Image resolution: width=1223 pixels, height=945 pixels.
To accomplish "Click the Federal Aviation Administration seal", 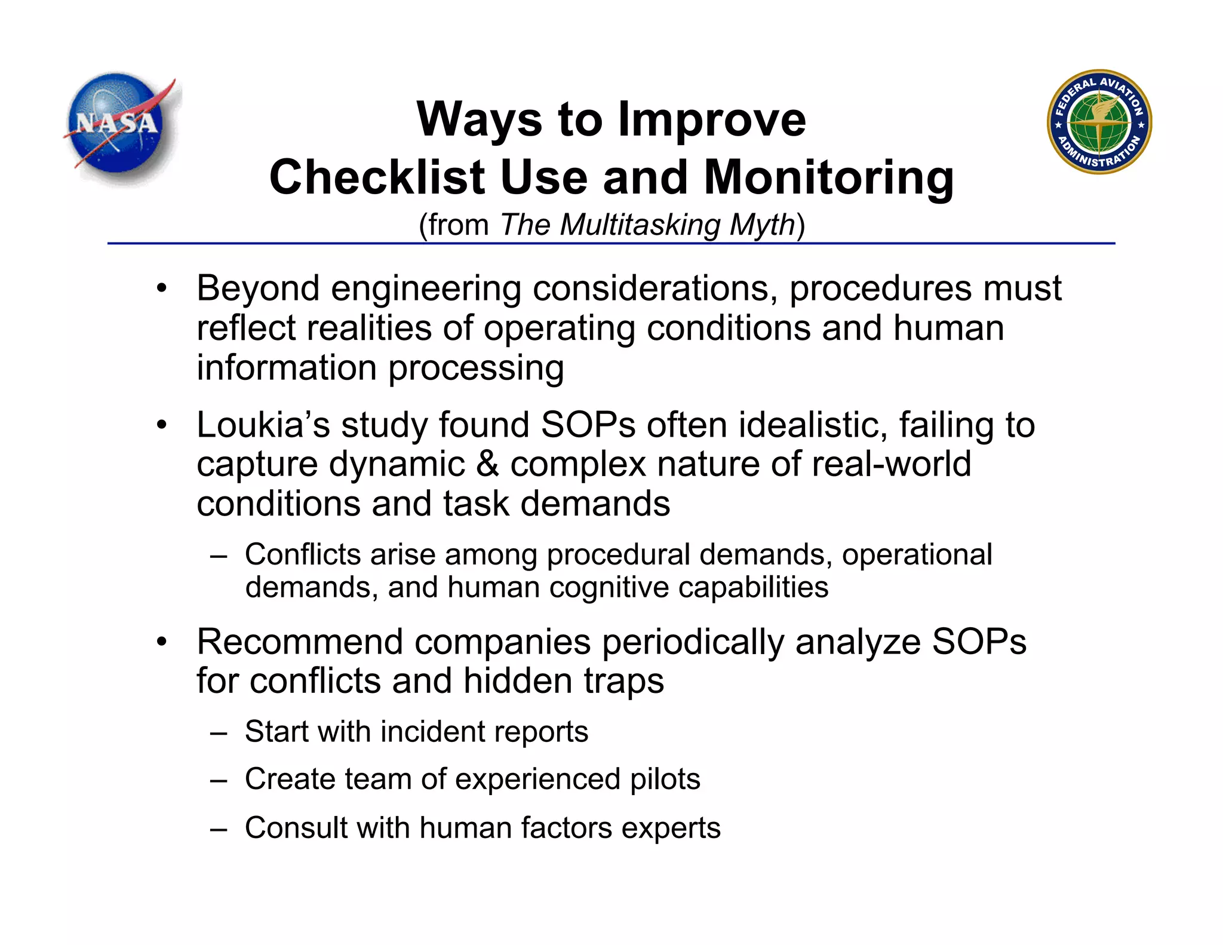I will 1099,122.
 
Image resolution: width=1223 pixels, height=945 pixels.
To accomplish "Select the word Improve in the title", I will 712,120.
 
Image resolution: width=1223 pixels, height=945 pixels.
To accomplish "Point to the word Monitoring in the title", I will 829,179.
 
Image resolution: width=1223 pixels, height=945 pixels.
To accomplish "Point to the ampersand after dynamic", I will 488,465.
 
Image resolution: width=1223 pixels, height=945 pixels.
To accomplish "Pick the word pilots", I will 665,780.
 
